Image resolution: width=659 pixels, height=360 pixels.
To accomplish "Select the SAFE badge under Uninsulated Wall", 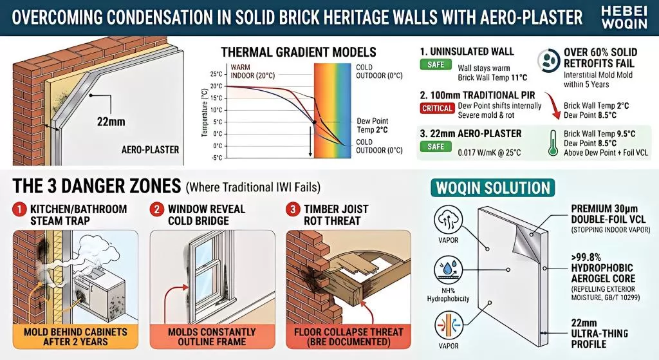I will pyautogui.click(x=434, y=64).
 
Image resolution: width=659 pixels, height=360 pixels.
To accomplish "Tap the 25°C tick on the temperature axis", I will pyautogui.click(x=215, y=74).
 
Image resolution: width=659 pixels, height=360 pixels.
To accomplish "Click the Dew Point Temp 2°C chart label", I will pyautogui.click(x=372, y=125).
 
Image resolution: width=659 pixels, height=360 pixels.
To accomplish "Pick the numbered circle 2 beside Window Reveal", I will pyautogui.click(x=156, y=209).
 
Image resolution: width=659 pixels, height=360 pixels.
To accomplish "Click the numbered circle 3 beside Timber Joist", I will pyautogui.click(x=293, y=209).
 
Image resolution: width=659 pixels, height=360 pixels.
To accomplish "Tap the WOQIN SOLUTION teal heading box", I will pyautogui.click(x=493, y=187).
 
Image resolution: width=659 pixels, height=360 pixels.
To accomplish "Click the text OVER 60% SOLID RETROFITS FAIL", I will pyautogui.click(x=599, y=57).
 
